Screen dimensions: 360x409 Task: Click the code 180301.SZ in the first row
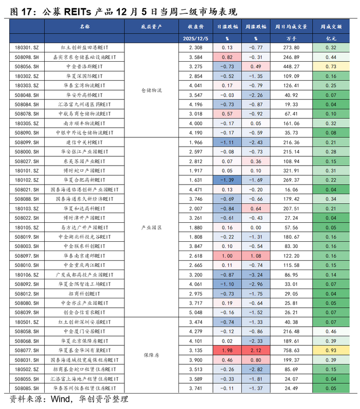[27, 48]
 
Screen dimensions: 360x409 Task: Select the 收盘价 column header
[195, 27]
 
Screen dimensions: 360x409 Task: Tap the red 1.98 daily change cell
[227, 350]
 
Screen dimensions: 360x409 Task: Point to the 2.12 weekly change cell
[256, 350]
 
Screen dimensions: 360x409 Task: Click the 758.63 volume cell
[291, 350]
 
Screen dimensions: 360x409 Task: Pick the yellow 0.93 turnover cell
[331, 350]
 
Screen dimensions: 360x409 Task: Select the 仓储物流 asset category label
[151, 90]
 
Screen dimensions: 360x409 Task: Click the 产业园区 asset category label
[151, 227]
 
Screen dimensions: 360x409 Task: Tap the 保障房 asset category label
[151, 355]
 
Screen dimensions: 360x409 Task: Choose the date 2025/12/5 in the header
[195, 39]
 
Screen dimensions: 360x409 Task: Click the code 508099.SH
[27, 143]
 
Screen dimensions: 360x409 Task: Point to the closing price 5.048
[195, 312]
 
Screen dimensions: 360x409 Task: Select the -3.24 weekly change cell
[256, 275]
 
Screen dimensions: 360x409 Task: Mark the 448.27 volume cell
[291, 67]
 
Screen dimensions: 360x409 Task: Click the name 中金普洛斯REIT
[84, 67]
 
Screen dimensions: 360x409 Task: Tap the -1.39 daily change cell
[227, 180]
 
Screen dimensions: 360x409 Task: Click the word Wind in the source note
[60, 399]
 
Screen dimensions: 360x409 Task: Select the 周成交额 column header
[331, 27]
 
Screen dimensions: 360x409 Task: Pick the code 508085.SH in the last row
[27, 388]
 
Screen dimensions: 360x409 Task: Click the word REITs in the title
[78, 12]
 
